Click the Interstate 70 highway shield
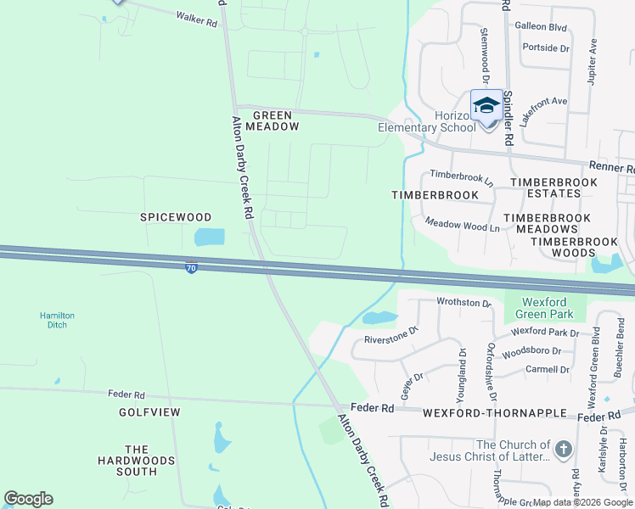click(x=192, y=267)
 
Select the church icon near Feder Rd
click(x=563, y=449)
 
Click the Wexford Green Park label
click(x=544, y=308)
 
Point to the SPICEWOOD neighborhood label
click(x=175, y=217)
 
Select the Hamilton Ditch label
click(x=58, y=321)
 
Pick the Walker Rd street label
click(x=197, y=18)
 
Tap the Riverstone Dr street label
click(x=391, y=336)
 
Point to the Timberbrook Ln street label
click(x=461, y=177)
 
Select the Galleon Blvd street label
click(x=541, y=26)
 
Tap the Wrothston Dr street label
click(x=464, y=303)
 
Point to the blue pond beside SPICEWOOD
click(x=210, y=237)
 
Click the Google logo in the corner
click(x=28, y=499)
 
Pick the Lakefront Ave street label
click(x=543, y=112)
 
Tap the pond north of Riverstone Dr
click(x=379, y=318)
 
